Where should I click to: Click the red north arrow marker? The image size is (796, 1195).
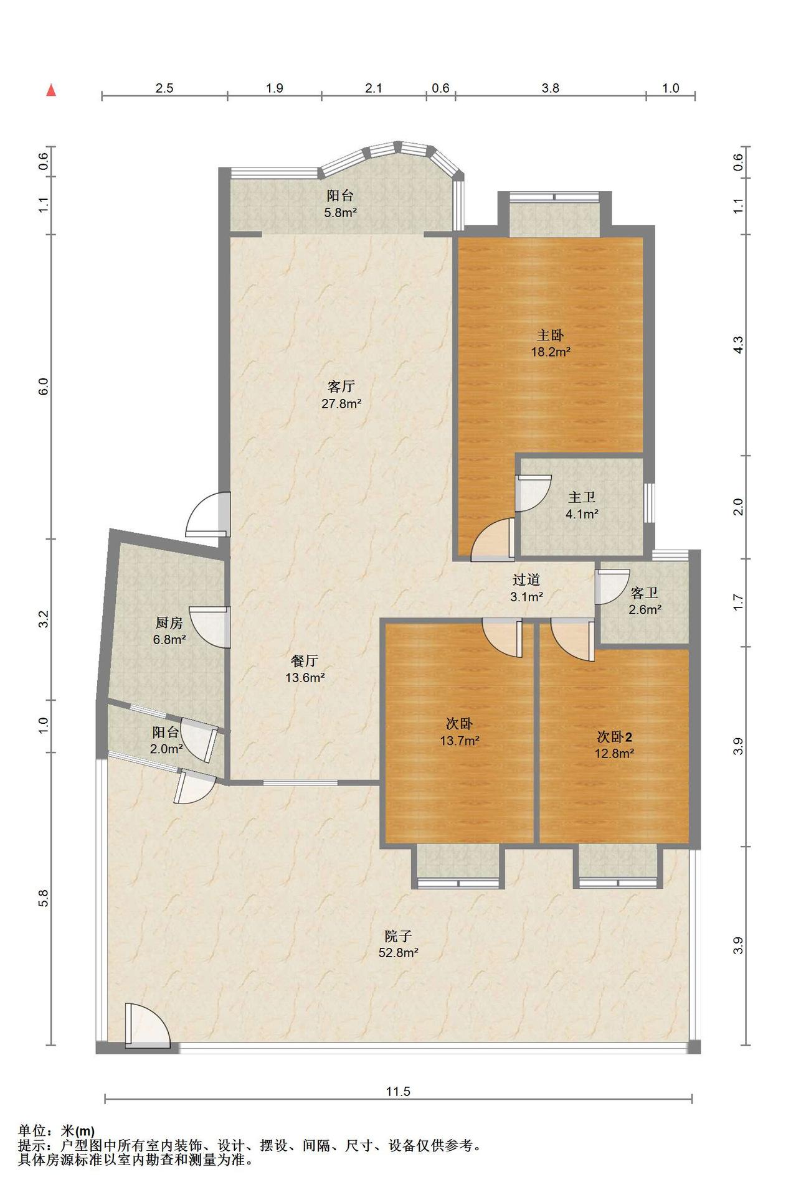[x=52, y=91]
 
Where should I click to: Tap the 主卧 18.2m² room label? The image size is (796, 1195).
[x=551, y=344]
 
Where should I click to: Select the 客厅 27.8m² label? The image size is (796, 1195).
[x=341, y=395]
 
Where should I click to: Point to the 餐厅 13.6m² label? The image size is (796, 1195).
[x=305, y=669]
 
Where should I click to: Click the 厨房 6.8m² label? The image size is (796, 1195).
[x=169, y=630]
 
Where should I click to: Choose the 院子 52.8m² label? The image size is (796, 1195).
[x=398, y=944]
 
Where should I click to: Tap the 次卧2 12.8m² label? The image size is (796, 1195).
[x=614, y=745]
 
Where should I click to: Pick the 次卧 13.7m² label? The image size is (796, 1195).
[x=459, y=732]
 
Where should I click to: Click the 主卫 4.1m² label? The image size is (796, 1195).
[x=582, y=505]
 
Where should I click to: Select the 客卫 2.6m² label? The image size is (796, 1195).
[x=645, y=601]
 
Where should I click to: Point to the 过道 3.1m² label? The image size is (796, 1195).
[x=526, y=588]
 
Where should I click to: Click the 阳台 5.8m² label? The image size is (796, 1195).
[x=340, y=204]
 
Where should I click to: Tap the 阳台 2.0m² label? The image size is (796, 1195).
[x=166, y=741]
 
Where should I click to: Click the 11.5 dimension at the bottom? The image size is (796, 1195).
[x=398, y=1091]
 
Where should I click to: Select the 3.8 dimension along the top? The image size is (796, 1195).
[x=551, y=88]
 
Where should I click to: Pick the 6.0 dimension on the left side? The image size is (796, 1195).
[x=43, y=387]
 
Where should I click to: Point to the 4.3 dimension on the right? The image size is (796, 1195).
[x=738, y=345]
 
